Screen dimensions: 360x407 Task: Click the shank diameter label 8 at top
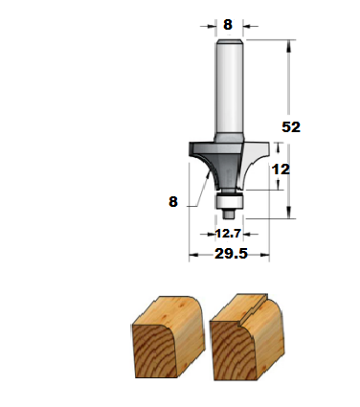[228, 25]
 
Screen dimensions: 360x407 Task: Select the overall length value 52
[291, 127]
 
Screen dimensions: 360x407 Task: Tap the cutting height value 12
[281, 170]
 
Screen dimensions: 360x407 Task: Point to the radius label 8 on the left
[173, 202]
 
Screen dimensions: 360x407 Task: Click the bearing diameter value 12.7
[228, 234]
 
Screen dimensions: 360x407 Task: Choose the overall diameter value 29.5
[231, 254]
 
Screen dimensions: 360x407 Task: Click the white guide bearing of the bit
[229, 201]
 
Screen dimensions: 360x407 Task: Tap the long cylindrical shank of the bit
[229, 89]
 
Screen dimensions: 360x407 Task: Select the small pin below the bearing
[229, 214]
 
